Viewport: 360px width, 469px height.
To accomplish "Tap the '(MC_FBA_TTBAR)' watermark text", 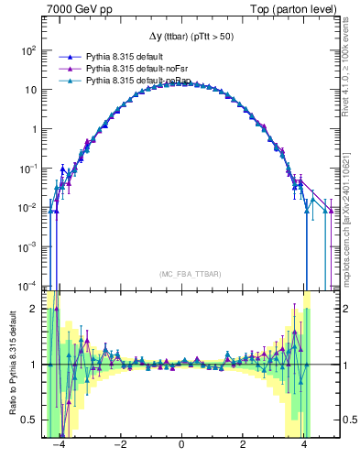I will tap(181, 274).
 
